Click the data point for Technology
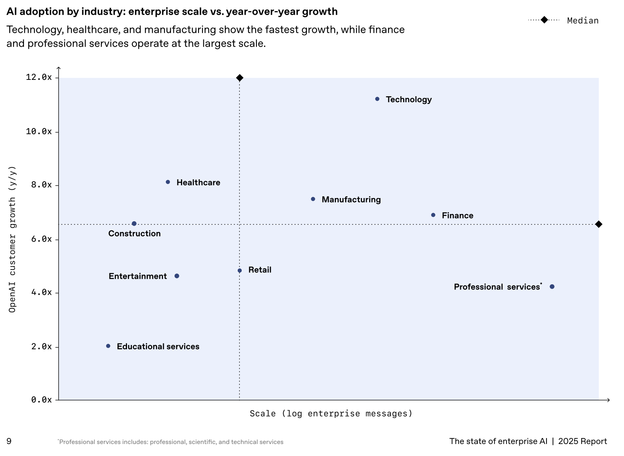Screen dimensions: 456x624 (x=377, y=99)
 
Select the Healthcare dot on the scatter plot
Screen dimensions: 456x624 (x=168, y=182)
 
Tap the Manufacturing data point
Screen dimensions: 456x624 (x=313, y=199)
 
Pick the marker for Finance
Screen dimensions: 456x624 (x=433, y=215)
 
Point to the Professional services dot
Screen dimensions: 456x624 (x=552, y=287)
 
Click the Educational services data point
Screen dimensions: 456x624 (x=108, y=346)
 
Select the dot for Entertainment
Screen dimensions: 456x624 (x=177, y=276)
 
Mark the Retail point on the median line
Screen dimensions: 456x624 (x=240, y=271)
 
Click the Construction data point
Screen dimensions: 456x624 (x=134, y=224)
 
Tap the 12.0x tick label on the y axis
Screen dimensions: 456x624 (x=39, y=77)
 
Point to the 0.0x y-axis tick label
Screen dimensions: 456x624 (x=42, y=400)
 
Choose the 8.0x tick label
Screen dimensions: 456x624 (x=42, y=185)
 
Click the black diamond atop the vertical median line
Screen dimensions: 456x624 (x=240, y=78)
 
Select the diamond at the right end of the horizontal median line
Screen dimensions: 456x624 (x=598, y=224)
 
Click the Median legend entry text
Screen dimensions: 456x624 (x=583, y=21)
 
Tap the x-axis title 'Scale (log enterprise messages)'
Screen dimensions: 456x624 (x=331, y=414)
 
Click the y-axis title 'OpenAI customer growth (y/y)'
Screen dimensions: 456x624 (x=13, y=239)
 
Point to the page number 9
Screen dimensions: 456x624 (x=9, y=441)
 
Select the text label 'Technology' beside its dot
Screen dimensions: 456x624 (x=409, y=99)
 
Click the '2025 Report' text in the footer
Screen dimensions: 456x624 (x=582, y=441)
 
